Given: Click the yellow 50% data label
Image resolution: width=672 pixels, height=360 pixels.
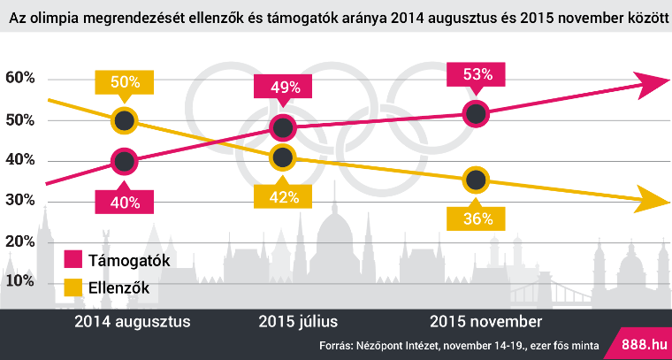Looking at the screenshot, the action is pos(125,81).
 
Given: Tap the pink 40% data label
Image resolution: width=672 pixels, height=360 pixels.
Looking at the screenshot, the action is pos(125,202).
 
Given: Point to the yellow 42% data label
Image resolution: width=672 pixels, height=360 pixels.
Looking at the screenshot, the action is pos(283,196).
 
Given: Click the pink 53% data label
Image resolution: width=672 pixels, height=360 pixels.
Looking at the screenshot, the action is pos(476,75).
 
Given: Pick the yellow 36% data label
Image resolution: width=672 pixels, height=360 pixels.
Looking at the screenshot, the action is pos(476,218).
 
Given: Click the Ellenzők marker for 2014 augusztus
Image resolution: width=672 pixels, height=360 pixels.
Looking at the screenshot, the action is pos(125,121).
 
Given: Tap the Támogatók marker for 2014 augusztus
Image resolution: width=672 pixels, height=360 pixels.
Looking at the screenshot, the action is pos(125,162).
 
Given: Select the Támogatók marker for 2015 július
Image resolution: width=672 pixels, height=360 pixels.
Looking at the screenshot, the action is pos(283,127).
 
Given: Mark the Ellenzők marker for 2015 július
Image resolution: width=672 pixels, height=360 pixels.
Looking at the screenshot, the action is pos(283,157).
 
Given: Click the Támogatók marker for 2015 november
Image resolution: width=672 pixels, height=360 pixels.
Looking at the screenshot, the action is pos(476,114).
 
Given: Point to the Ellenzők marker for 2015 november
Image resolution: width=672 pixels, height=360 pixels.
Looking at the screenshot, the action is pos(476,180).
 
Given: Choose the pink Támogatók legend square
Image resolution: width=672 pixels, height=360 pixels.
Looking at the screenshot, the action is pos(73,260).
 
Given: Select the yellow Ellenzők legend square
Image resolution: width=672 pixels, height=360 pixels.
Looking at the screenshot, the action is pos(73,287).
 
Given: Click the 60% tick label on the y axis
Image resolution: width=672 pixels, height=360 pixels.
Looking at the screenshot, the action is pos(19,79).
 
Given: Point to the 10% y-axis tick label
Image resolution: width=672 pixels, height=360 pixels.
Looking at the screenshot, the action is pos(19,281).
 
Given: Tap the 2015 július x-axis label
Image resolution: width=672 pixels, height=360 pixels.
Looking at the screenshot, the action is pos(298,322).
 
